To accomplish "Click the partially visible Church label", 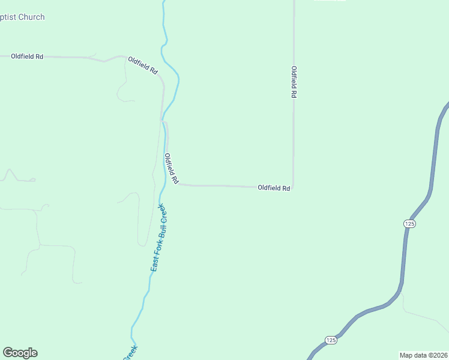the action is pyautogui.click(x=22, y=17).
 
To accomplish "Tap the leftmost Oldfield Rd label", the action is pyautogui.click(x=27, y=56).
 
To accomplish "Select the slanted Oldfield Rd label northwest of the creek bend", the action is pyautogui.click(x=143, y=65).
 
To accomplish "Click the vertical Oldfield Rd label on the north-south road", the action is pyautogui.click(x=294, y=82).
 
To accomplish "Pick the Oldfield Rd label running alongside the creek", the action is pyautogui.click(x=172, y=168).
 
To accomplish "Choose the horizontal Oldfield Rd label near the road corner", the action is pyautogui.click(x=274, y=188).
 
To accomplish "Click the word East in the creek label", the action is pyautogui.click(x=154, y=262).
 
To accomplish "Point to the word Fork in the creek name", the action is pyautogui.click(x=157, y=243).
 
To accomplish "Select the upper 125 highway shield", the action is pyautogui.click(x=409, y=223).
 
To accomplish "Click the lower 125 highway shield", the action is pyautogui.click(x=331, y=340).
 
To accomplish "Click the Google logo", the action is pyautogui.click(x=20, y=353).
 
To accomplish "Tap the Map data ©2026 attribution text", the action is pyautogui.click(x=423, y=355).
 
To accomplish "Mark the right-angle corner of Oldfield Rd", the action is pyautogui.click(x=293, y=187).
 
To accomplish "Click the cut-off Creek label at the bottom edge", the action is pyautogui.click(x=130, y=353).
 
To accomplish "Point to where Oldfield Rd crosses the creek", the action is pyautogui.click(x=163, y=120).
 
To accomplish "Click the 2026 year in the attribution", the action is pyautogui.click(x=440, y=355).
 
